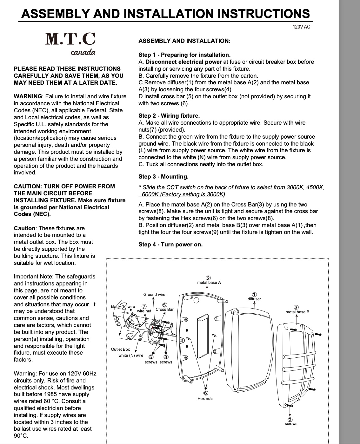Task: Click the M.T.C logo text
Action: [70, 39]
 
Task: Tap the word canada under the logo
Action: [83, 52]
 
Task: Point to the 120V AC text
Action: [301, 27]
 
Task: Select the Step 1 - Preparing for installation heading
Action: [184, 55]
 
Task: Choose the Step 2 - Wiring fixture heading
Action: [169, 116]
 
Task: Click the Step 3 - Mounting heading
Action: [163, 177]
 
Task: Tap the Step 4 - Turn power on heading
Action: [170, 245]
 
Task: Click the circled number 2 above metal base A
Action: [209, 278]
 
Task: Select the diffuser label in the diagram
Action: [254, 299]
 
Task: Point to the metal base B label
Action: [297, 312]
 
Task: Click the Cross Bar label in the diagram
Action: [164, 310]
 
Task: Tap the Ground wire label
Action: [154, 295]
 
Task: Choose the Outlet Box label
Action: [120, 349]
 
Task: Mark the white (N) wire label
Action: [131, 356]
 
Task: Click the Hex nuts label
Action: [205, 399]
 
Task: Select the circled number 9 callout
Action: [290, 420]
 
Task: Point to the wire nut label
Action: [144, 311]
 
